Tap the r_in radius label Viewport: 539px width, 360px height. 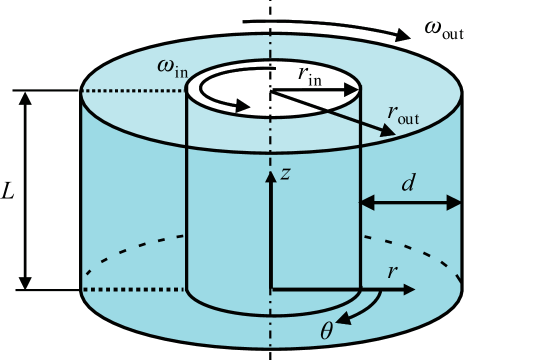tap(310, 73)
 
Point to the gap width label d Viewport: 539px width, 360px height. tap(408, 183)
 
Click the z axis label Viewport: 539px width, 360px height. tap(285, 173)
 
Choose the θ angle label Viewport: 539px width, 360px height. tap(326, 331)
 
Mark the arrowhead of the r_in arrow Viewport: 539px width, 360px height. tap(351, 90)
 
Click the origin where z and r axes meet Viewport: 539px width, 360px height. tap(270, 290)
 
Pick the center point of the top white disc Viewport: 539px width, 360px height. tap(270, 91)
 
